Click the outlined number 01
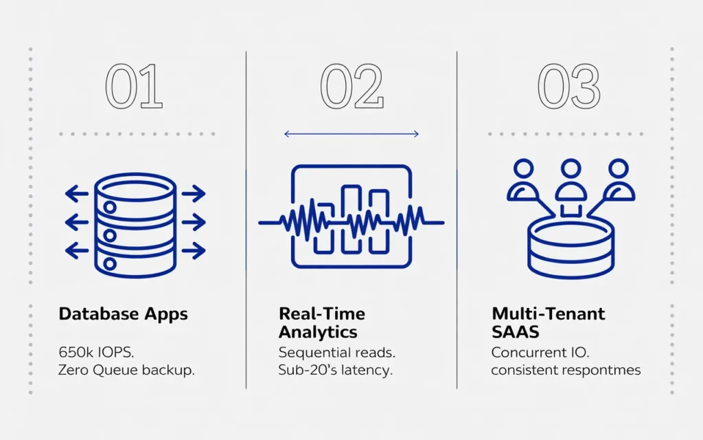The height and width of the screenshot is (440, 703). point(134,86)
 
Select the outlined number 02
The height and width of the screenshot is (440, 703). point(352,86)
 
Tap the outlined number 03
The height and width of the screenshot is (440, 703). point(569,86)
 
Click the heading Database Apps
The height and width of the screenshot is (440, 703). point(124,314)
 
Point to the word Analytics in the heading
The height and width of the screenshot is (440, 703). point(318,332)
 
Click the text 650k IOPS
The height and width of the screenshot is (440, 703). point(96,353)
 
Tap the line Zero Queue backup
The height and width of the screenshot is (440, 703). point(126,371)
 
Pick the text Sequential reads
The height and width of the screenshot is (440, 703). point(336,353)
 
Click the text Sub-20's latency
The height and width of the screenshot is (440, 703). point(335,371)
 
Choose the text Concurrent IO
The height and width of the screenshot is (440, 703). point(540,353)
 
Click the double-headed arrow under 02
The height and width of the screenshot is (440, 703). point(351,134)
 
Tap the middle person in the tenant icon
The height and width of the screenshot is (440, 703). point(571,179)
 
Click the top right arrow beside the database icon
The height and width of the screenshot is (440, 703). point(194,194)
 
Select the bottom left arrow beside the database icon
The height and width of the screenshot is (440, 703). point(77,250)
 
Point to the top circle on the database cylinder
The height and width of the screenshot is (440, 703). point(110,208)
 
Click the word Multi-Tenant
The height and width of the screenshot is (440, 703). point(549,313)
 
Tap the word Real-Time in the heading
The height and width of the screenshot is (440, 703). point(322,313)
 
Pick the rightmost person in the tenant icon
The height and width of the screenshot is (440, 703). point(619,179)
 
